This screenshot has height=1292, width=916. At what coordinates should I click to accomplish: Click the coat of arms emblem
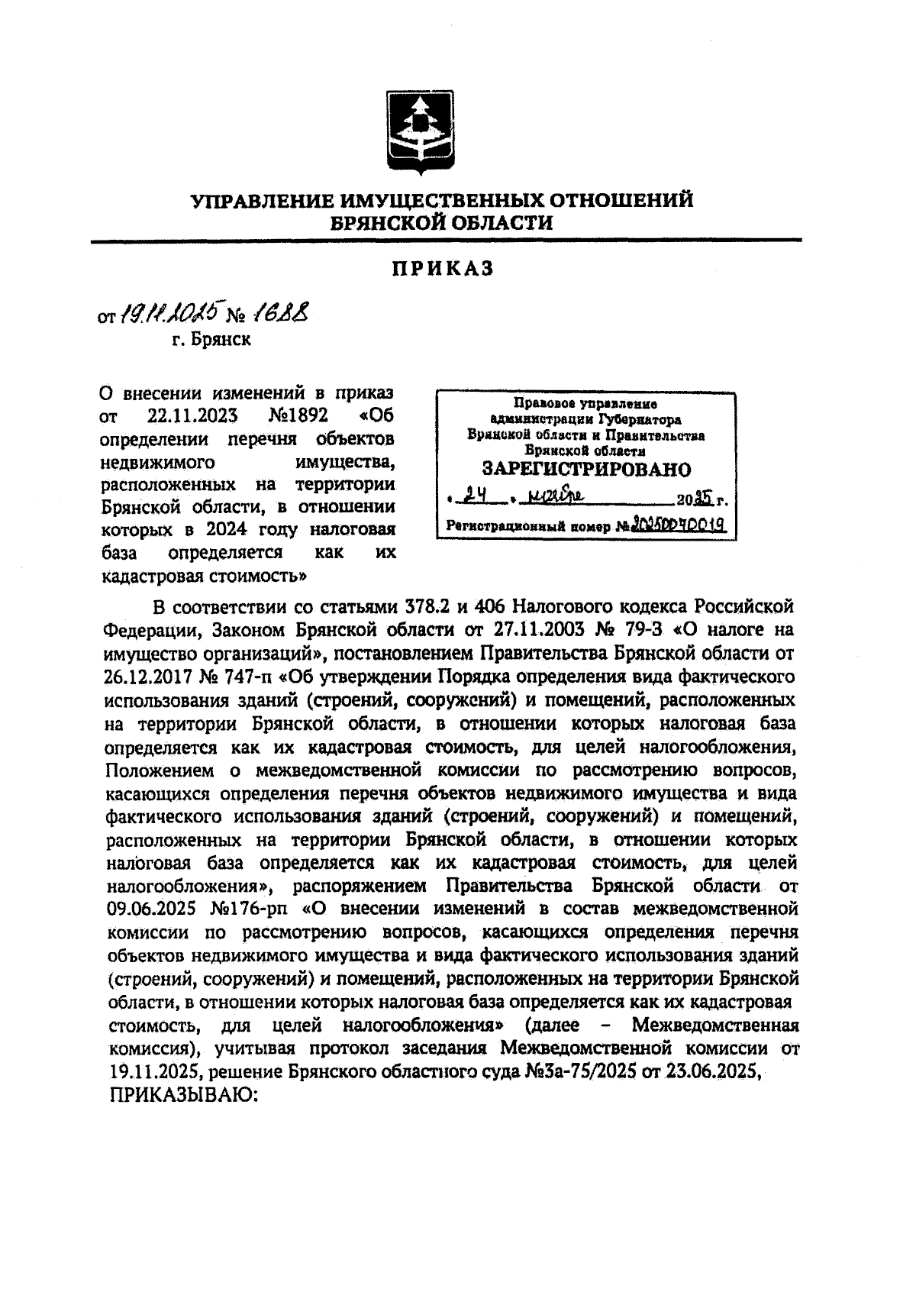point(418,134)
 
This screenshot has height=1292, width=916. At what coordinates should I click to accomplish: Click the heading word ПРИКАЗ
point(443,269)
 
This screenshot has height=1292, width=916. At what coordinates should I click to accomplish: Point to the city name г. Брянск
point(211,339)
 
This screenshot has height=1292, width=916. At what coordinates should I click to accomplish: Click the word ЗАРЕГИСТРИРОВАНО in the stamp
point(585,469)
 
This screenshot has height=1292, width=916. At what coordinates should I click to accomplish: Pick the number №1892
point(298,416)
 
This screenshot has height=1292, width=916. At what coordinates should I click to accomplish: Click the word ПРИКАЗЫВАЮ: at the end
point(185,1093)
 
